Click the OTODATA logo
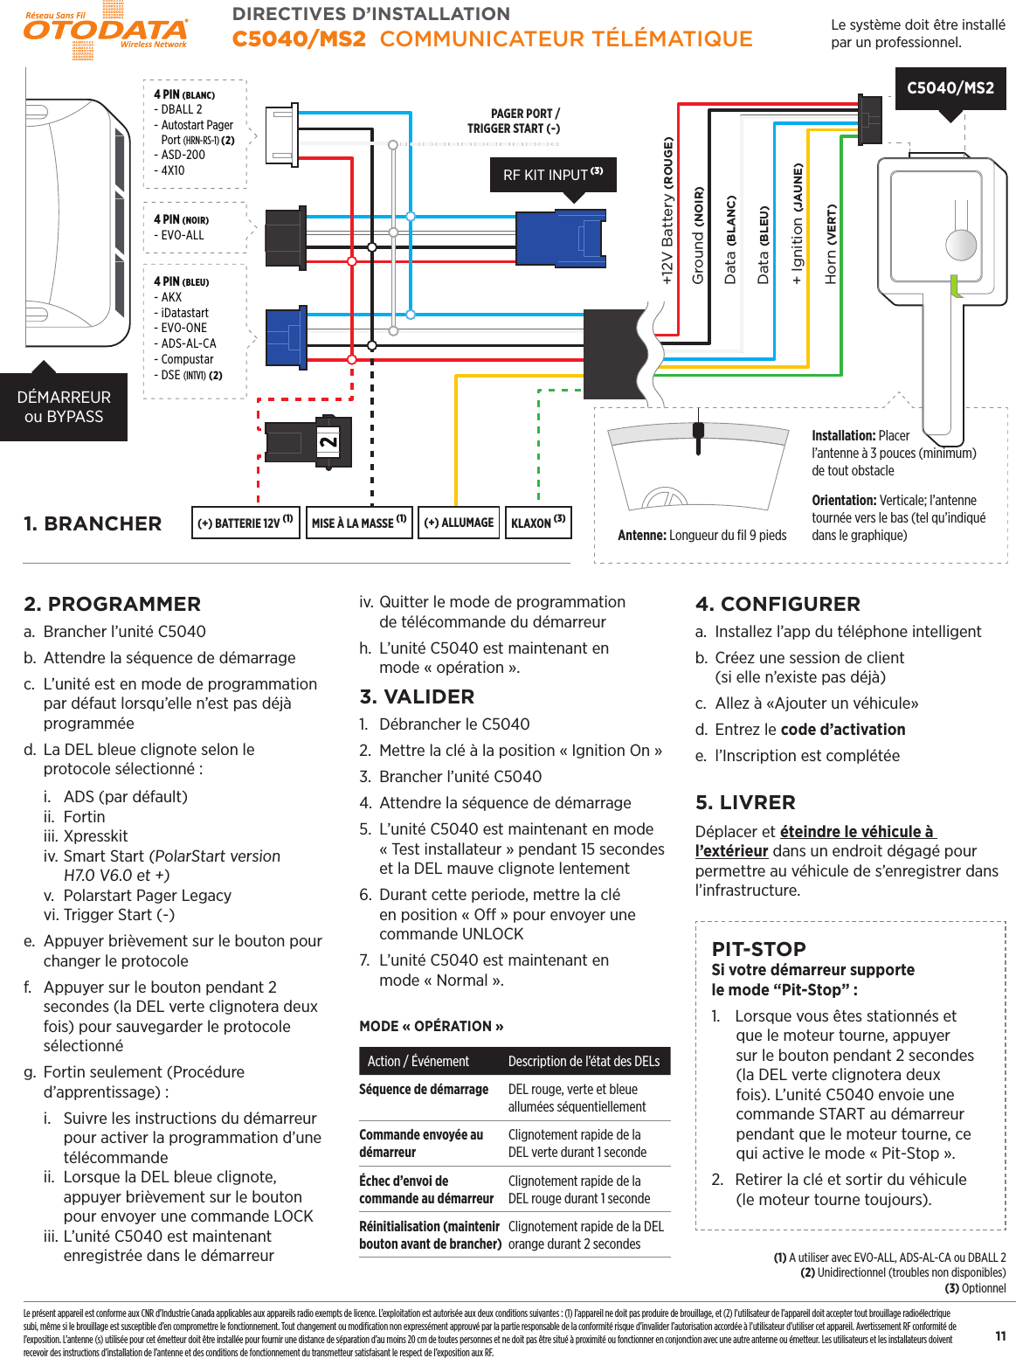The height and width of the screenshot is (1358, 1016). (105, 31)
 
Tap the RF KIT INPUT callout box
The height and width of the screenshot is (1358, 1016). (553, 175)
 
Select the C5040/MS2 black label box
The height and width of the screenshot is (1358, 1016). (950, 88)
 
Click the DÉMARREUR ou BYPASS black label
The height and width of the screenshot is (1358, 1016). (64, 407)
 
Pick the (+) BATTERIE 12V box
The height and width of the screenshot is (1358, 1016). (245, 523)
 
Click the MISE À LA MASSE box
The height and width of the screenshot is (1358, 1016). (359, 523)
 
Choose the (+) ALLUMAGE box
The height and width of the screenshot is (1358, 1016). (459, 523)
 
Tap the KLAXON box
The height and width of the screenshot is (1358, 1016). (538, 523)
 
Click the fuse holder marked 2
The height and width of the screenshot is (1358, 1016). (310, 442)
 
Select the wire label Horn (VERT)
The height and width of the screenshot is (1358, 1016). (831, 244)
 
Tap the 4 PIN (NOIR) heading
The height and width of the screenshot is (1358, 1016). (181, 219)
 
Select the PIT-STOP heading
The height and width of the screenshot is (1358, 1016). (758, 948)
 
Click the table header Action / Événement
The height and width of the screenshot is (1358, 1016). (418, 1061)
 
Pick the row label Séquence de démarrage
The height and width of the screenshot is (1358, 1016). (424, 1089)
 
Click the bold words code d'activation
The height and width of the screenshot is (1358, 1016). (842, 730)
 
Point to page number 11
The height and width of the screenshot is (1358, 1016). (1000, 1335)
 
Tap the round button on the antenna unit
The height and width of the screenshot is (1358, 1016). (961, 245)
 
